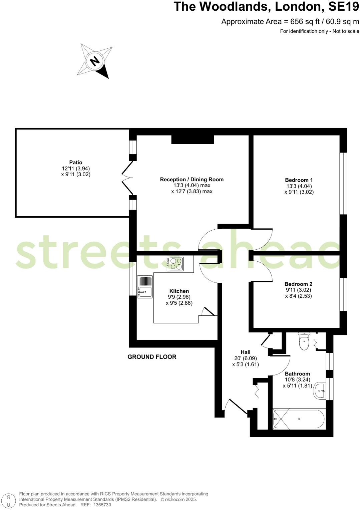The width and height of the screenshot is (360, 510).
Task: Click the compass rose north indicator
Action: click(x=95, y=61)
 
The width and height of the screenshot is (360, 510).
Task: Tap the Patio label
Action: click(x=76, y=163)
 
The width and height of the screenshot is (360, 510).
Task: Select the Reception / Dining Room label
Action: click(x=192, y=180)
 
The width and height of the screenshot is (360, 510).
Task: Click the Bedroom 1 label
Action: click(x=299, y=180)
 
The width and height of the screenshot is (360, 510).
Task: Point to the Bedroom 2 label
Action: click(x=298, y=284)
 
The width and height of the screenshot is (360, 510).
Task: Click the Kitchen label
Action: click(x=179, y=291)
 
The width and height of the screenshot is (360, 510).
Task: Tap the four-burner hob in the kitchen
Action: click(x=175, y=264)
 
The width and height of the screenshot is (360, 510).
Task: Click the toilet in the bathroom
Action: click(x=304, y=342)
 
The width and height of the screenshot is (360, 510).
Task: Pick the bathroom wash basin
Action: click(x=320, y=390)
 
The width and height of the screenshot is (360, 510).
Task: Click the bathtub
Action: click(x=299, y=419)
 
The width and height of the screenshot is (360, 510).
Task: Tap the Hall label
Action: click(x=246, y=352)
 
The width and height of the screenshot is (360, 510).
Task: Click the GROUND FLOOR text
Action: click(x=152, y=357)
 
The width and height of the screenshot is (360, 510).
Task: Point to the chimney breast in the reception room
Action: click(x=193, y=139)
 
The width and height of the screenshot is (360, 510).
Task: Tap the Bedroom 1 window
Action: click(x=343, y=183)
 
